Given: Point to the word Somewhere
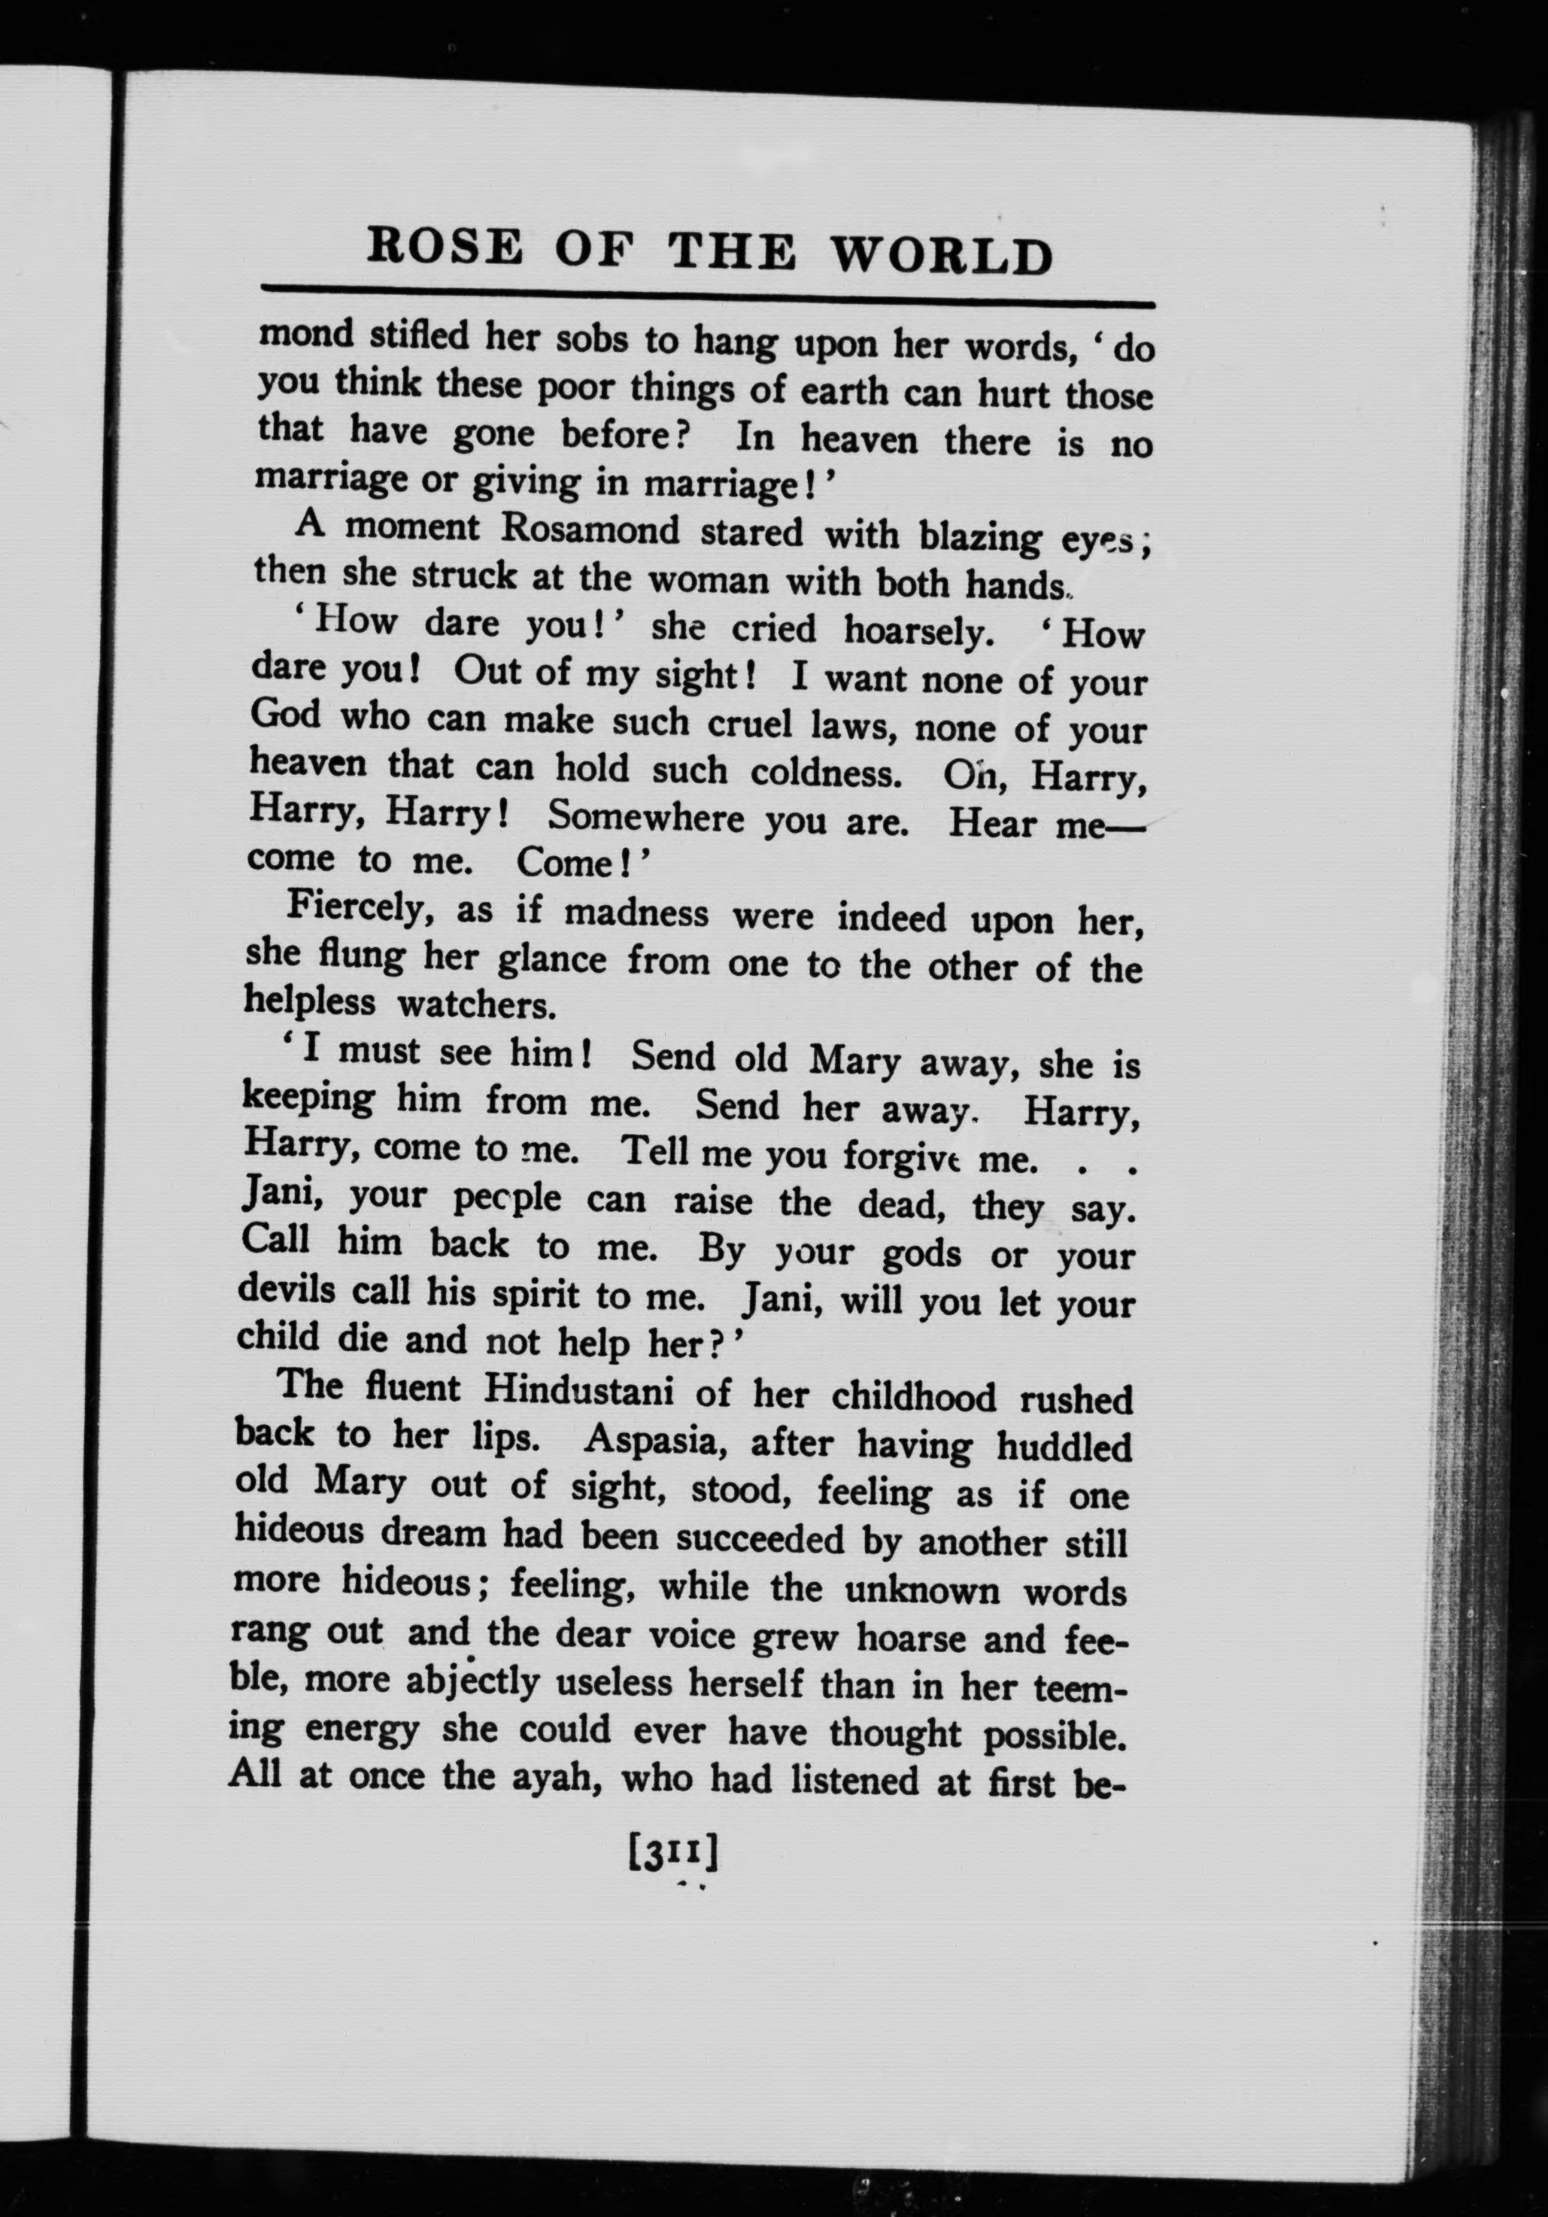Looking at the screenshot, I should point(645,817).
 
